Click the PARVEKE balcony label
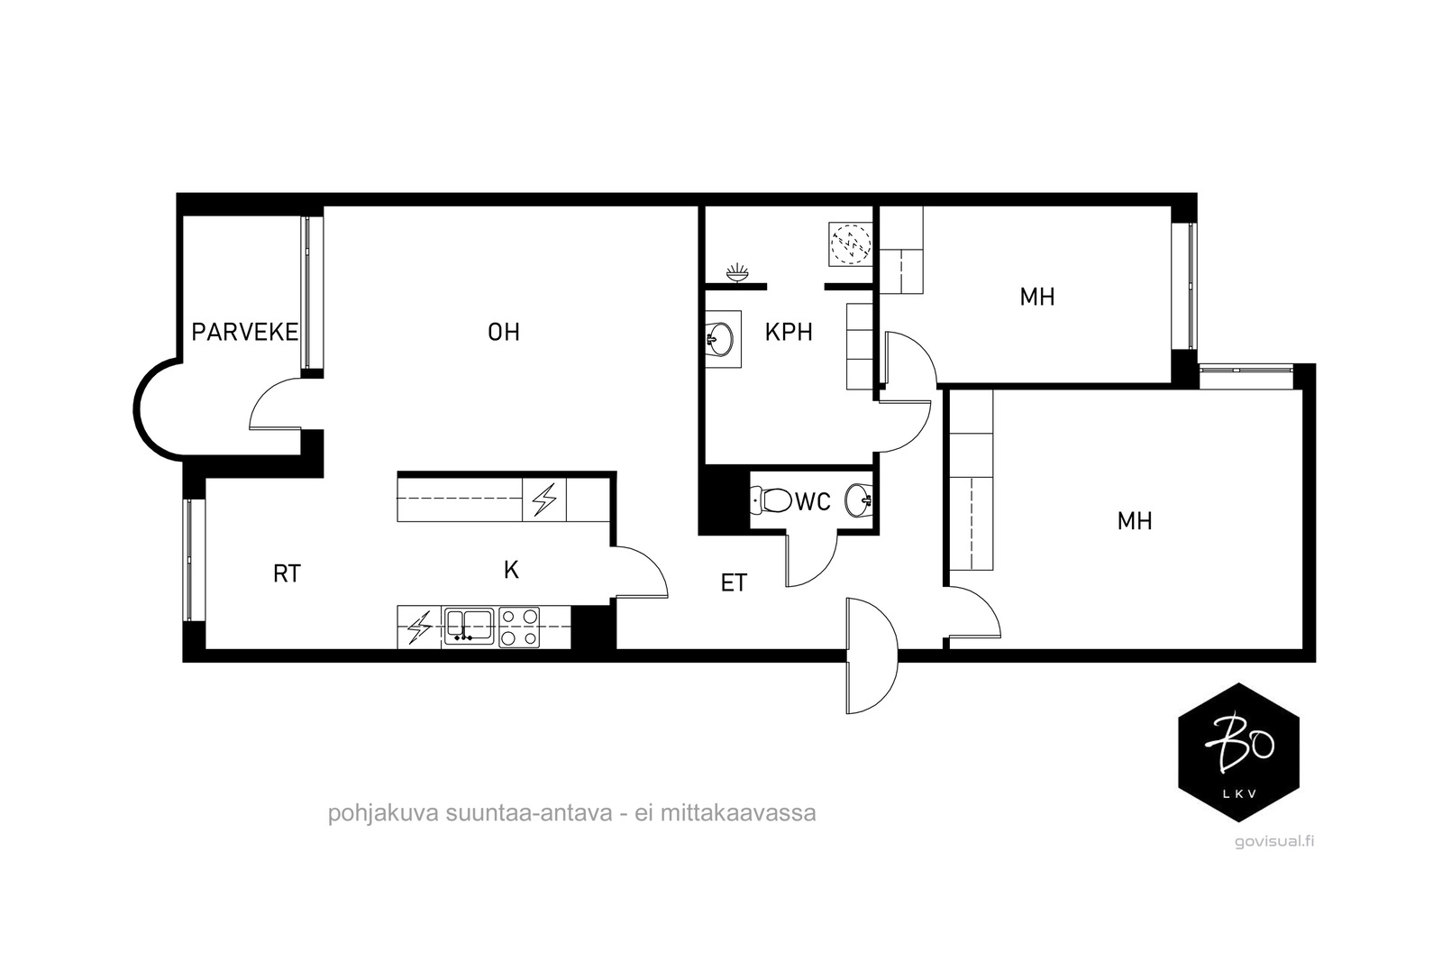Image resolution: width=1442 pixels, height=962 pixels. click(x=244, y=333)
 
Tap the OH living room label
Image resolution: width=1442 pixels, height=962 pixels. click(x=504, y=333)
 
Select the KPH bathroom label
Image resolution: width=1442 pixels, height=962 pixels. click(x=789, y=333)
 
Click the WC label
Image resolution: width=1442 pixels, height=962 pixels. click(x=813, y=502)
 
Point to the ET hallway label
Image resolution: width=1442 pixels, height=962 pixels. click(x=734, y=583)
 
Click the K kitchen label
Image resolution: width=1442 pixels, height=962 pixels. click(x=511, y=570)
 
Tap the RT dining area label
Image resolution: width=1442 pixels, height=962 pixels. click(x=287, y=573)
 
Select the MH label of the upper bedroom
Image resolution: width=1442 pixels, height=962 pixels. click(x=1037, y=297)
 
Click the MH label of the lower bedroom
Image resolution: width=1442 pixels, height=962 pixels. click(x=1135, y=521)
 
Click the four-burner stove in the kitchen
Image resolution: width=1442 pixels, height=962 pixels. click(x=519, y=628)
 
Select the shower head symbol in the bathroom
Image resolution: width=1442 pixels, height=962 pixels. click(x=738, y=273)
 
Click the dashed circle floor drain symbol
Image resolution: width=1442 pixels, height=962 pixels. click(x=851, y=244)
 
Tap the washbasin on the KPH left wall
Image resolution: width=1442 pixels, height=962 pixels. click(x=722, y=339)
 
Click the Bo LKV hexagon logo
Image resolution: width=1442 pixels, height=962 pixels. click(x=1238, y=752)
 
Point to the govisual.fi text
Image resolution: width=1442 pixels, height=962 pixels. click(x=1274, y=841)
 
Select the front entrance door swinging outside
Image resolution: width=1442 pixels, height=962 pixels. click(x=871, y=655)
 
